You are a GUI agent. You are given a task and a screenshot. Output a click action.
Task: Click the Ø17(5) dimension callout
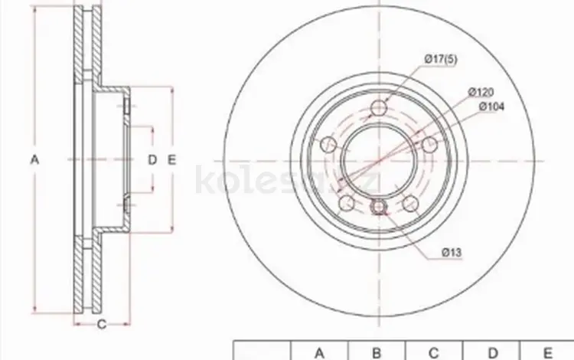441,59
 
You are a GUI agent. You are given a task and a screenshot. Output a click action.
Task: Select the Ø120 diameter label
481,92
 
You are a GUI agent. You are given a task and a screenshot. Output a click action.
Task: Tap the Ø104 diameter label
491,106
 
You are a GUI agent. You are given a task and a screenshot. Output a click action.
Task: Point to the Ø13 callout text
452,252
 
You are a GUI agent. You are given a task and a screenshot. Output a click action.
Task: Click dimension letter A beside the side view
34,159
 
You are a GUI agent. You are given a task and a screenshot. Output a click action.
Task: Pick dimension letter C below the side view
102,324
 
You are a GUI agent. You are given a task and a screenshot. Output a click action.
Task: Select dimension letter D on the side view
152,159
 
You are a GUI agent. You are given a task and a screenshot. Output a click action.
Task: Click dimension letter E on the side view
171,159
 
